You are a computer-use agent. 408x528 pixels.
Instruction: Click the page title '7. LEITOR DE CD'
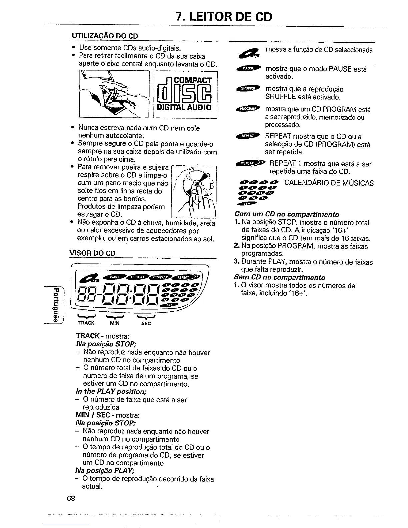tap(224, 16)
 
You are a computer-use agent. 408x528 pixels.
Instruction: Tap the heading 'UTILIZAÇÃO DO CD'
tap(105, 36)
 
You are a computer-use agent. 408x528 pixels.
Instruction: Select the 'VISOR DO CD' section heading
tap(92, 253)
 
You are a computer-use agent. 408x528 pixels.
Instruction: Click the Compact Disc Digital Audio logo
tap(185, 95)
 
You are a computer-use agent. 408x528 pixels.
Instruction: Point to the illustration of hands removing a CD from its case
tap(113, 94)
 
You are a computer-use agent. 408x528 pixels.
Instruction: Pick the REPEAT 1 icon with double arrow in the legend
tap(250, 163)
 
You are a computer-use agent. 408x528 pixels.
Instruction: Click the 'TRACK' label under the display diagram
tap(86, 323)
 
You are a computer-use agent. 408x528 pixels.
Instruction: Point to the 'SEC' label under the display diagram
tap(146, 323)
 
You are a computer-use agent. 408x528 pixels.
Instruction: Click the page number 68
tap(70, 498)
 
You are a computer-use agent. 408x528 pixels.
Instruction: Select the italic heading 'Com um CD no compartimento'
tap(287, 214)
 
